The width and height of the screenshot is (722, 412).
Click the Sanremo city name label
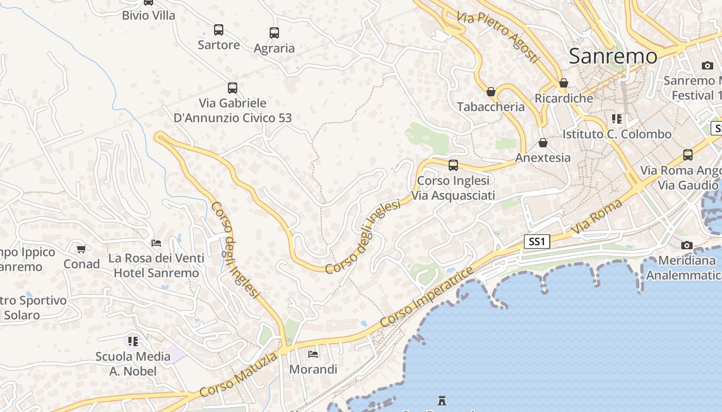point(613,56)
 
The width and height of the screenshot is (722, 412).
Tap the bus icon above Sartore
point(219,30)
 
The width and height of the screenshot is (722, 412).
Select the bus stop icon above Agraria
point(274,33)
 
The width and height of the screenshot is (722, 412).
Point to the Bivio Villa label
point(149,15)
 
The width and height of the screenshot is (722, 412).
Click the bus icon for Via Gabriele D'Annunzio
point(233,88)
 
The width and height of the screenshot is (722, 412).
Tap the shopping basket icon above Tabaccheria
point(491,92)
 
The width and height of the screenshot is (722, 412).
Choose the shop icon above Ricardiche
point(564,83)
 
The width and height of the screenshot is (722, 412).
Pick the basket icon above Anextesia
point(543,143)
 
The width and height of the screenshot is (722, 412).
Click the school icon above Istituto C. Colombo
point(617,119)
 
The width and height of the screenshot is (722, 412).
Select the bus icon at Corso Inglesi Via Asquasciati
point(453,165)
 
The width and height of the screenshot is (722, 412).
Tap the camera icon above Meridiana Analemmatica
point(686,246)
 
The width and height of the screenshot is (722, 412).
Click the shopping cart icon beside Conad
point(81,249)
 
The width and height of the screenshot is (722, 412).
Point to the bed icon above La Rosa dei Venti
point(156,243)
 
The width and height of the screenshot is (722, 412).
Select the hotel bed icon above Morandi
point(313,354)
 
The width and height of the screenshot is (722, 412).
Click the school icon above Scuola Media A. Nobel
point(133,341)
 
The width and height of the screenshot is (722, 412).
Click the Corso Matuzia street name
point(239,374)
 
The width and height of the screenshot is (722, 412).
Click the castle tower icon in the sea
point(442,400)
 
